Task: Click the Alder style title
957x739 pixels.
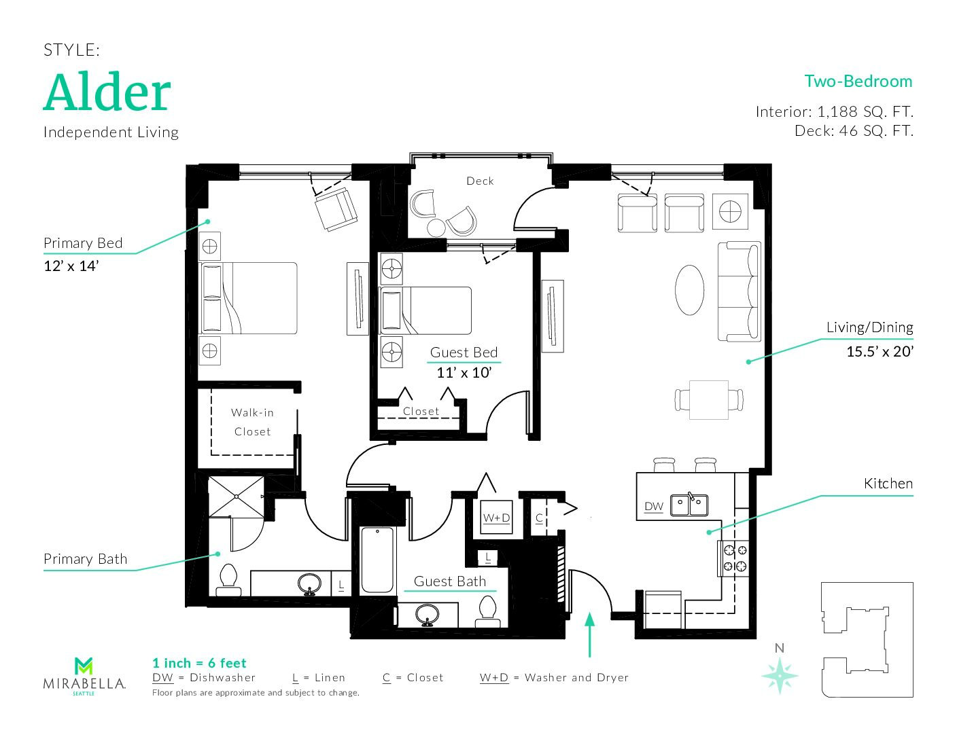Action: point(107,92)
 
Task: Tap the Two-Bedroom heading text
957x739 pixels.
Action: point(858,82)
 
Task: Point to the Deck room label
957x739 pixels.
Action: point(480,181)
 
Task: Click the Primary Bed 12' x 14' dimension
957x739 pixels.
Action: point(71,266)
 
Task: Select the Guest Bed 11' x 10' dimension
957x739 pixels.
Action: point(464,373)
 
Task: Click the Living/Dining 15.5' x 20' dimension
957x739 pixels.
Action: point(880,351)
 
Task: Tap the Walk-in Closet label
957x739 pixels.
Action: point(252,422)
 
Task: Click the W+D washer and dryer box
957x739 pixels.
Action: point(496,517)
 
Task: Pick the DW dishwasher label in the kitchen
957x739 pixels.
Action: point(654,507)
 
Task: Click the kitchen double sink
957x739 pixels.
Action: point(689,505)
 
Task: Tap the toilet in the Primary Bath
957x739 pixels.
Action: point(228,581)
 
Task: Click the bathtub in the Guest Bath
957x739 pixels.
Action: point(377,561)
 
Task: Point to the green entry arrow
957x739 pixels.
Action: point(590,634)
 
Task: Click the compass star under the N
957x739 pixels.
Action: point(780,676)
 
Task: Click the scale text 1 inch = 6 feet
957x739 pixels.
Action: point(199,664)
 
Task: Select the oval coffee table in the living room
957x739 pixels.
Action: point(689,290)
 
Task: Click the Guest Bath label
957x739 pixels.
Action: point(450,581)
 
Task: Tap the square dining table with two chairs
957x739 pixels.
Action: point(709,400)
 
